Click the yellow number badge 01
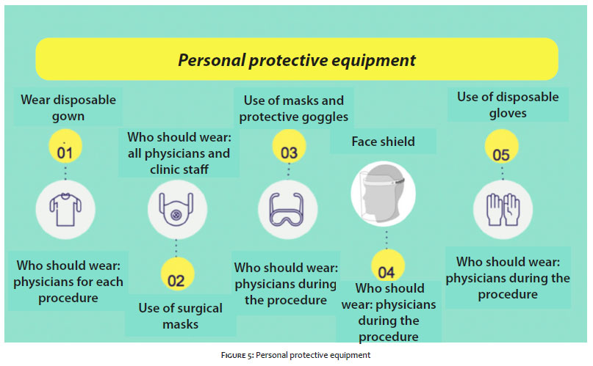65,147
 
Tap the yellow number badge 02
177,274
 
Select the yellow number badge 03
289,147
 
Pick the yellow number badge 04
388,266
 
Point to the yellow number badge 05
501,147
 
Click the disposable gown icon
65,210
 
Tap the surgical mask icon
176,210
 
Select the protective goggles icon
287,210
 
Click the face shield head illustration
383,194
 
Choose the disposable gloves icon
503,210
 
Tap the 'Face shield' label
383,142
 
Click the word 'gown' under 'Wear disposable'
68,117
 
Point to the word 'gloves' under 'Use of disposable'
508,113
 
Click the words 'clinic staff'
179,169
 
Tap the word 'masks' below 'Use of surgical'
180,324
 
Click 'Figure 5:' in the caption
237,355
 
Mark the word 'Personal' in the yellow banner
212,60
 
